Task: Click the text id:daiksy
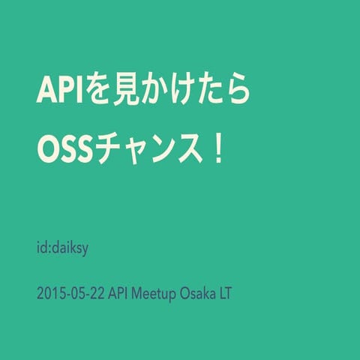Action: pos(62,247)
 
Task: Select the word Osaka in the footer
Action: pos(196,293)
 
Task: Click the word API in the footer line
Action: pos(118,293)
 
